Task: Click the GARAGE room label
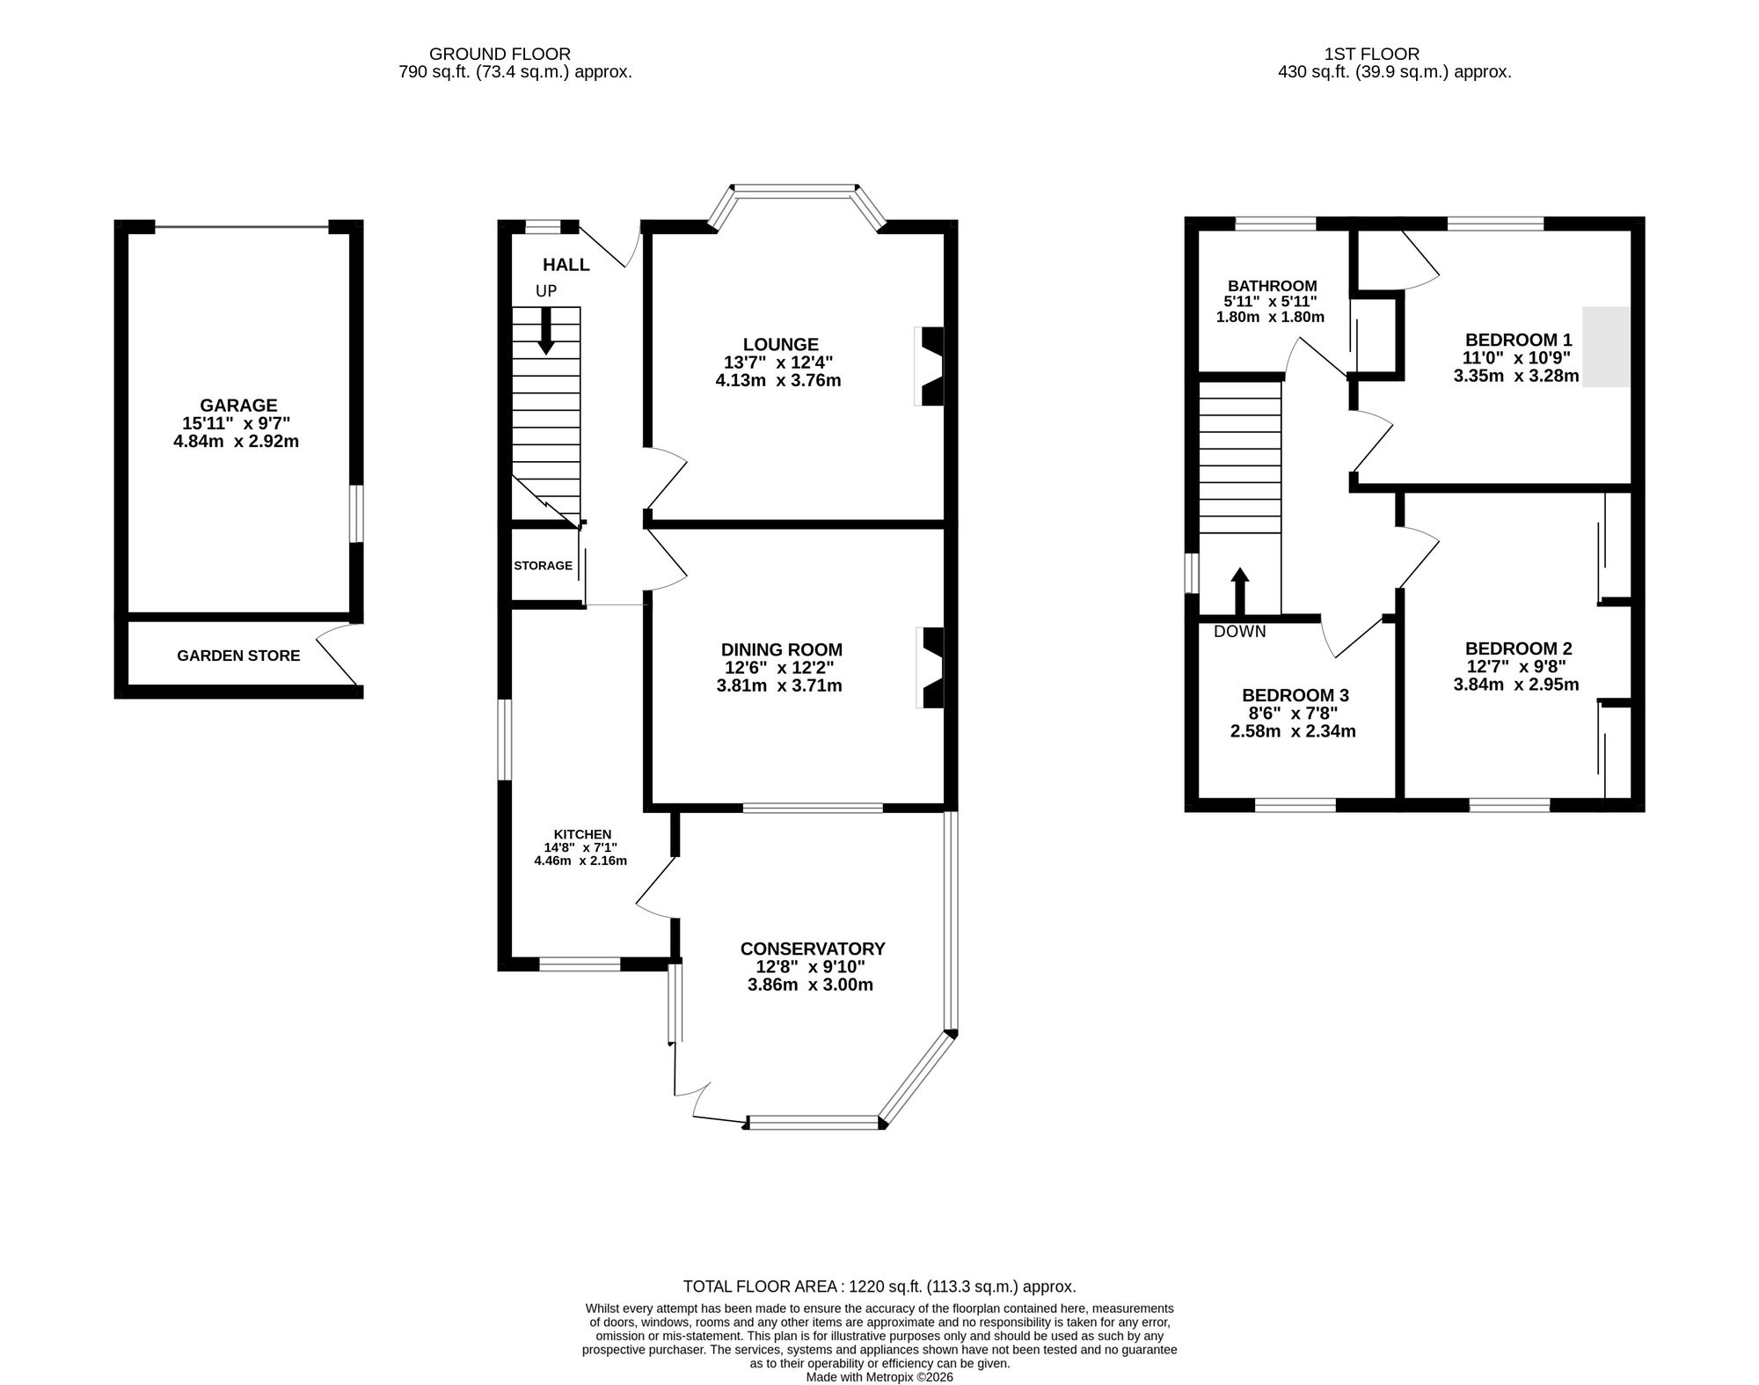click(238, 406)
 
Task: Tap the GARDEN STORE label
click(238, 656)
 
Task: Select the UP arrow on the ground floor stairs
click(546, 332)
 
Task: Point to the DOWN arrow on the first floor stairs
click(1239, 591)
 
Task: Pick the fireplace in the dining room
click(931, 667)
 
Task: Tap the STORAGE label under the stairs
click(543, 566)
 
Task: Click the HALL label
click(566, 265)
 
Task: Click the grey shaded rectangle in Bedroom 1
click(1607, 347)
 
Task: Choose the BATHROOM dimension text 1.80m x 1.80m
click(1270, 317)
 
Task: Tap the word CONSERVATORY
click(813, 949)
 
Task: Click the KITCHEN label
click(582, 834)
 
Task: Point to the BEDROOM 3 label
click(1295, 695)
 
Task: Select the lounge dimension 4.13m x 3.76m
click(778, 381)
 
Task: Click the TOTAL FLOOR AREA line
click(879, 1286)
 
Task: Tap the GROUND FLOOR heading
click(500, 54)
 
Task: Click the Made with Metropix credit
click(879, 1377)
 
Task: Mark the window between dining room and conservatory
click(813, 808)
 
